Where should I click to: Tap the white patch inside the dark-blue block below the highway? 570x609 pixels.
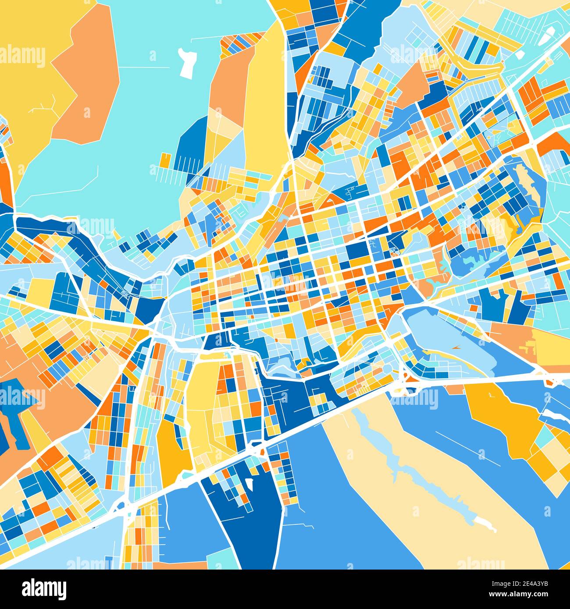[249, 484]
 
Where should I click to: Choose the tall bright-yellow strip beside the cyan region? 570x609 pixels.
[265, 101]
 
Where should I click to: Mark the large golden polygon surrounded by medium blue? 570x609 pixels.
[504, 416]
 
